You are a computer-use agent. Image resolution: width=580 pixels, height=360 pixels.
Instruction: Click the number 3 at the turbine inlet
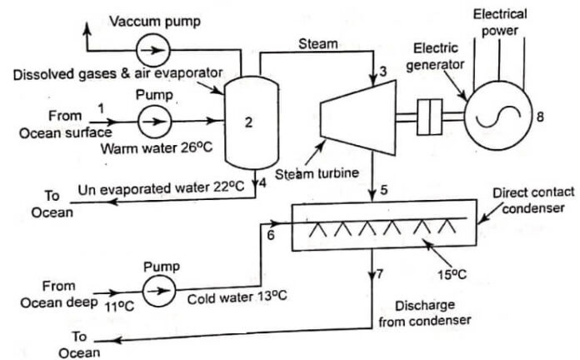382,72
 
